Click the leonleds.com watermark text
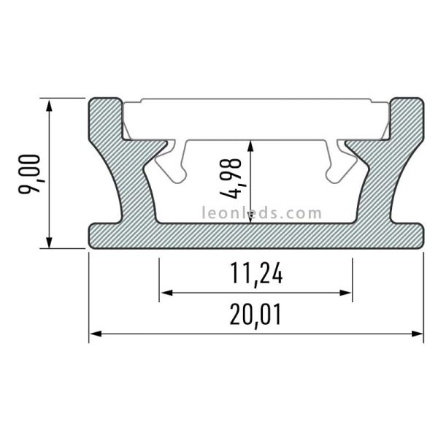[261, 214]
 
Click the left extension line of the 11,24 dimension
[159, 277]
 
